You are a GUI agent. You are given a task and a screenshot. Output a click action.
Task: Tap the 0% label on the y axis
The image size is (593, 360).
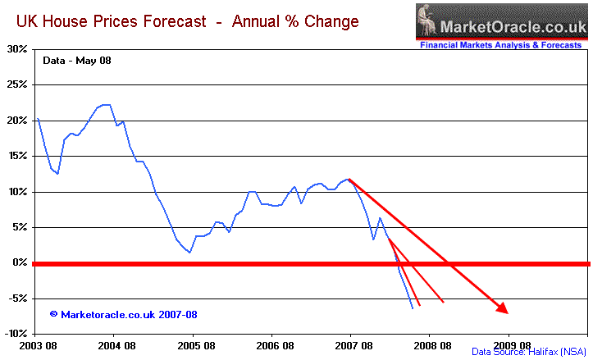coord(21,262)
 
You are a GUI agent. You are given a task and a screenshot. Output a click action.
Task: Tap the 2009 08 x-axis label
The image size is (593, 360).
coord(509,346)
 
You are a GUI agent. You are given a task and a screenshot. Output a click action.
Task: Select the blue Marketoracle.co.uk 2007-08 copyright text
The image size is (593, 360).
coord(123,314)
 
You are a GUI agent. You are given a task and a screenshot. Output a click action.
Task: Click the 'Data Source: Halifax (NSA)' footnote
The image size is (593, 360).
coord(528,351)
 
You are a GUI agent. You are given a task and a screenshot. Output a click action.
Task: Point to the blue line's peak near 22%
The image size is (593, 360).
coord(105,104)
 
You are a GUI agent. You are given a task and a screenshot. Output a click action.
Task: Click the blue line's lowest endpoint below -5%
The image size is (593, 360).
coord(412,308)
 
